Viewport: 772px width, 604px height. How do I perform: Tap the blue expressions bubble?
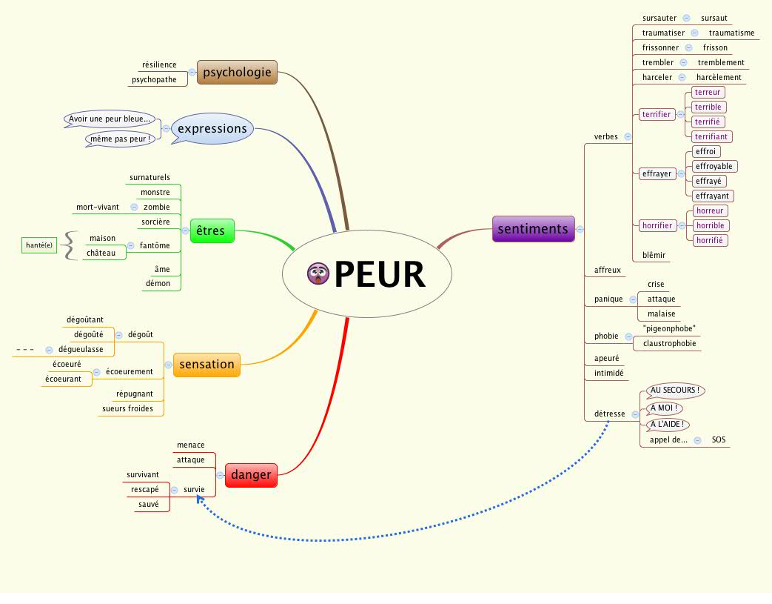212,128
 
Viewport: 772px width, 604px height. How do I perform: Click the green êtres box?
212,231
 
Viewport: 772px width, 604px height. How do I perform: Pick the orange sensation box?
207,364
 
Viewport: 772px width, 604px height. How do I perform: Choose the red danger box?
250,474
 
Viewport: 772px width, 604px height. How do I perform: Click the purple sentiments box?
533,228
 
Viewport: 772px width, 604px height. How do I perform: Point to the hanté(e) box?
39,245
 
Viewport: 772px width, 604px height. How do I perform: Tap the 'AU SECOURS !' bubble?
675,390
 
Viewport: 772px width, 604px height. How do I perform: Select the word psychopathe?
154,79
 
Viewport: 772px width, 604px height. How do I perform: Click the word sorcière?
155,222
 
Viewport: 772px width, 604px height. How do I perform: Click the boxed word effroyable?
714,166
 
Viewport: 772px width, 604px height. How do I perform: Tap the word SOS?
719,439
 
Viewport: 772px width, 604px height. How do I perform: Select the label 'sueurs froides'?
132,408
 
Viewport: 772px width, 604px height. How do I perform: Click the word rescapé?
145,489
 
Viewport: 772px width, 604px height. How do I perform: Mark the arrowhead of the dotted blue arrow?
198,500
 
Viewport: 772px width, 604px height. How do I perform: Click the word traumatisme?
731,33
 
